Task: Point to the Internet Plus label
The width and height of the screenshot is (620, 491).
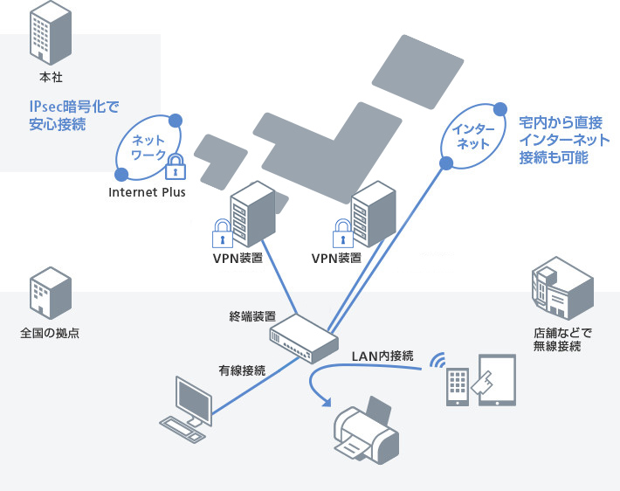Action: [147, 192]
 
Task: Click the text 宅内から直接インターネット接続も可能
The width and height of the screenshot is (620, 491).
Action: [563, 139]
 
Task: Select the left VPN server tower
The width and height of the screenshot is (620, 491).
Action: [248, 215]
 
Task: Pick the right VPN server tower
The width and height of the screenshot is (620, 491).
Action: [369, 215]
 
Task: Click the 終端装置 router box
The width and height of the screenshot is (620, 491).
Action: [303, 338]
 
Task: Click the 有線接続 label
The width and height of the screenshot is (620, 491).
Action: [242, 370]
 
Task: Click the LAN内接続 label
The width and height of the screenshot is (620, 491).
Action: [382, 356]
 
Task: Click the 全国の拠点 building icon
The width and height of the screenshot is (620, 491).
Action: [49, 293]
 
